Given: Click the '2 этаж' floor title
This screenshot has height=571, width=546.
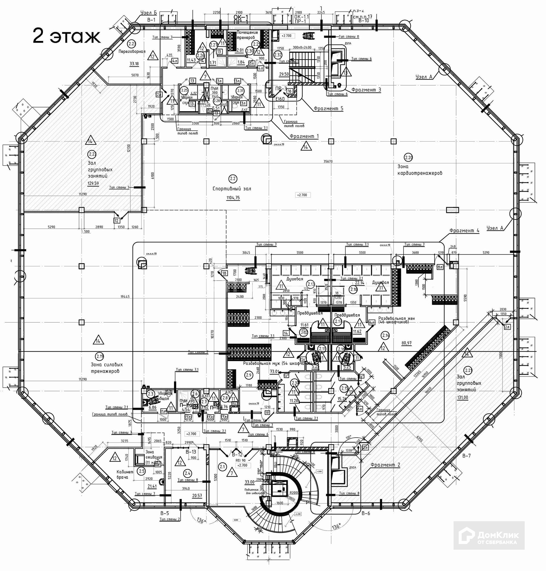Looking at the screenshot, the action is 66,36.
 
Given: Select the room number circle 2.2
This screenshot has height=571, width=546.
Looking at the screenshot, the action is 233,178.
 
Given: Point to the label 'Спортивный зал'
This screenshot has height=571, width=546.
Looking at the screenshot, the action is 232,189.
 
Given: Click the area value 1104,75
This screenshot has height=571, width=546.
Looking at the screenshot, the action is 233,198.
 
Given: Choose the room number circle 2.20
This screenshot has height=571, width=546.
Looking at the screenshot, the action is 408,158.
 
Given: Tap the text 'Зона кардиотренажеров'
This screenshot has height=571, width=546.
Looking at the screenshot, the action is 419,170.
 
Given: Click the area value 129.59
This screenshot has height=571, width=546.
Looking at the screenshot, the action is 93,183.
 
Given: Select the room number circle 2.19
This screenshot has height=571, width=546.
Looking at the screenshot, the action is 100,356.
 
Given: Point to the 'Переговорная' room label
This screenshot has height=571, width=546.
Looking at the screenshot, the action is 132,51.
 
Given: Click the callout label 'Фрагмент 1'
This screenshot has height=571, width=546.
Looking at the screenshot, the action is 304,136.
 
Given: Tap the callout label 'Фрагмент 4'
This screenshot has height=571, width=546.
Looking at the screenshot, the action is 464,231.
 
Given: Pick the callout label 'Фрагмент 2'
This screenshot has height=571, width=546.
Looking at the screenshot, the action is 385,465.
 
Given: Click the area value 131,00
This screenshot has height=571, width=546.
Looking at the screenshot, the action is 462,398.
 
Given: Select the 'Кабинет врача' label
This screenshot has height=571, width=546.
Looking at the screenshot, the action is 125,475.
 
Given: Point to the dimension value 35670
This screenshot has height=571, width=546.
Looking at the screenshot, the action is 328,161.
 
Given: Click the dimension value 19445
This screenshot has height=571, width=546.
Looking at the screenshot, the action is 125,297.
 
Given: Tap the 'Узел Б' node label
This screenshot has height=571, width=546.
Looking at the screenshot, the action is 148,13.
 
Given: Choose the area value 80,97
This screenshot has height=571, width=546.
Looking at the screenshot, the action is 407,343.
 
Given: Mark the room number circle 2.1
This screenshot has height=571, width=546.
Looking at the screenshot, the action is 223,467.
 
